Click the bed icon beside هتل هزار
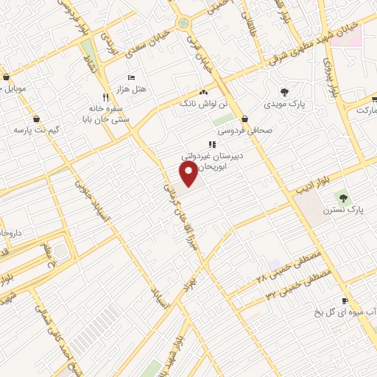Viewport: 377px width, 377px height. (131, 77)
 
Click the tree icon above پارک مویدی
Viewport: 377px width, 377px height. (285, 92)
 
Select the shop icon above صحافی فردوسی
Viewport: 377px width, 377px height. (244, 118)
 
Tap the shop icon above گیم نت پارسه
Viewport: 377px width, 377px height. (36, 118)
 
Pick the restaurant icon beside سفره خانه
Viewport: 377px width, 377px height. (107, 97)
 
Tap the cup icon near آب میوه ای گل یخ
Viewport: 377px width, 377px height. (345, 300)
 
